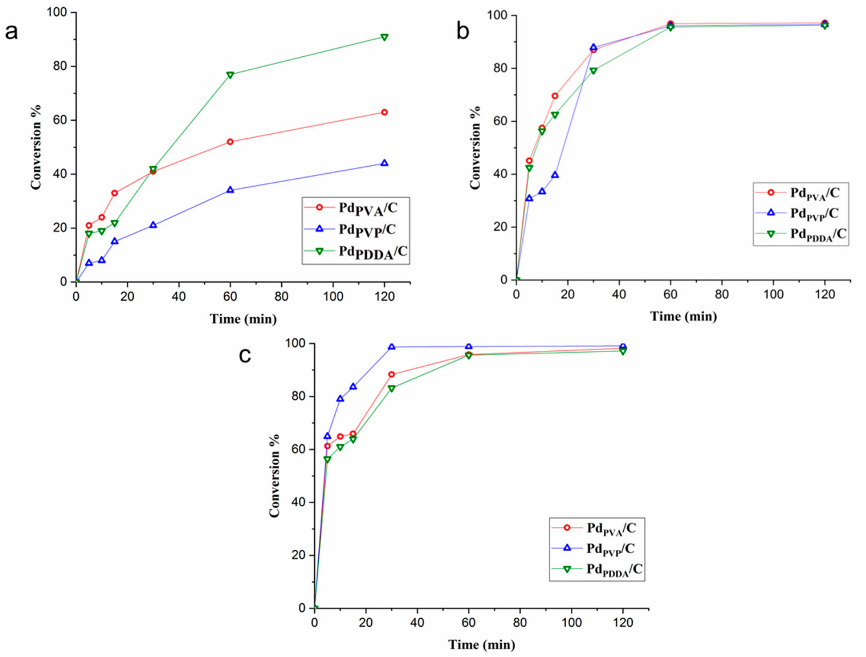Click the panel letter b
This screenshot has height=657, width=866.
463,31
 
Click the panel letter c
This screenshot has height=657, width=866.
245,356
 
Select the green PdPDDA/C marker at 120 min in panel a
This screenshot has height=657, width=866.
384,37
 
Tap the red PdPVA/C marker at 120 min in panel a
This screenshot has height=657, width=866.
384,112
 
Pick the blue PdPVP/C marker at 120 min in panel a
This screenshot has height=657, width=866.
384,163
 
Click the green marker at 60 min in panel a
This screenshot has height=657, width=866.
230,75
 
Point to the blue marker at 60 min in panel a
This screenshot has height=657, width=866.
230,190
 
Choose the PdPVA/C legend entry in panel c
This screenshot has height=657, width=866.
611,529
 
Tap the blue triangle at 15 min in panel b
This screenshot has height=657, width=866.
555,175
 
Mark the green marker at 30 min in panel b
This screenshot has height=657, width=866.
593,71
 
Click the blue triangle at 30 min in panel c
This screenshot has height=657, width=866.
391,347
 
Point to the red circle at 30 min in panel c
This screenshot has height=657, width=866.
391,375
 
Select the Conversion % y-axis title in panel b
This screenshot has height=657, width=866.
475,148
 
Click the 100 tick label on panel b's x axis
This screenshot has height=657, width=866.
773,294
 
